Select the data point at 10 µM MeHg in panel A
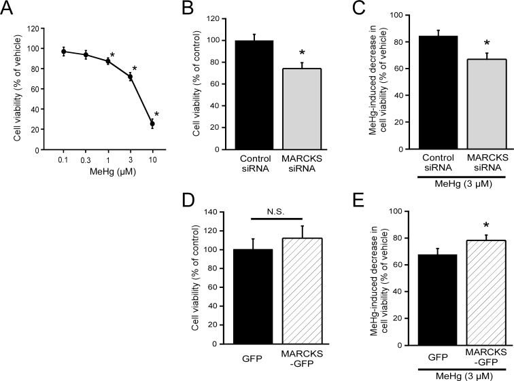[152, 124]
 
